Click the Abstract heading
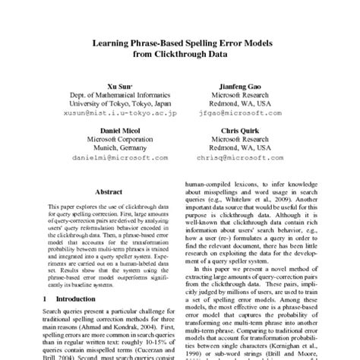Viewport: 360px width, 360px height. pos(107,194)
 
